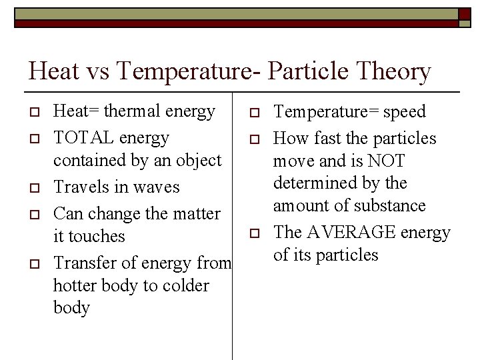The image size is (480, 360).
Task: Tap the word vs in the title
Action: pyautogui.click(x=98, y=71)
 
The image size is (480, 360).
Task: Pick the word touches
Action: pyautogui.click(x=99, y=237)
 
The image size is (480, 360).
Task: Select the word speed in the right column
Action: pyautogui.click(x=404, y=112)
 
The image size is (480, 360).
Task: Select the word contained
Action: pyautogui.click(x=89, y=161)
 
